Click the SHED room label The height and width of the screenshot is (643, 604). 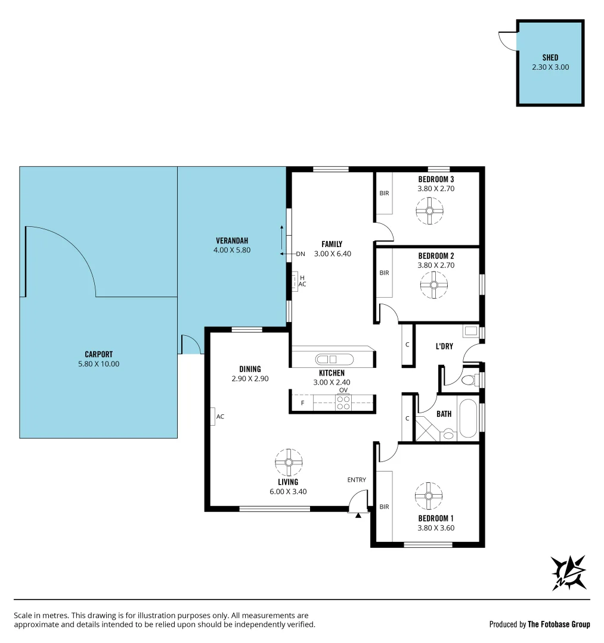(550, 58)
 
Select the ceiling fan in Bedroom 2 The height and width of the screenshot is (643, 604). (433, 285)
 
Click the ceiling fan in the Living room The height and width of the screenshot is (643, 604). (289, 462)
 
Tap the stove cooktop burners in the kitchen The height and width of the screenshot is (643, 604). (343, 402)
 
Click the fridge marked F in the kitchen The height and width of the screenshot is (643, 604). (302, 403)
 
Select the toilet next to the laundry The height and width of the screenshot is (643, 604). (469, 379)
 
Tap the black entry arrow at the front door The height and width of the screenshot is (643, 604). (358, 515)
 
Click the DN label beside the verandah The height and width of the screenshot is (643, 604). (301, 254)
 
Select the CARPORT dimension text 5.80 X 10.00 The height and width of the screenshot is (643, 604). (99, 364)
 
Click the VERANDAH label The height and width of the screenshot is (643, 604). (232, 241)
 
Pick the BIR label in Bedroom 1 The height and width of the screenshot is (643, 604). (384, 507)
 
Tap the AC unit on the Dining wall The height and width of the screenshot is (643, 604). (213, 416)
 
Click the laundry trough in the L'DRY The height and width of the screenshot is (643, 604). (471, 332)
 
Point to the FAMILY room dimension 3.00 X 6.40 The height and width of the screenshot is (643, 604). (332, 254)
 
